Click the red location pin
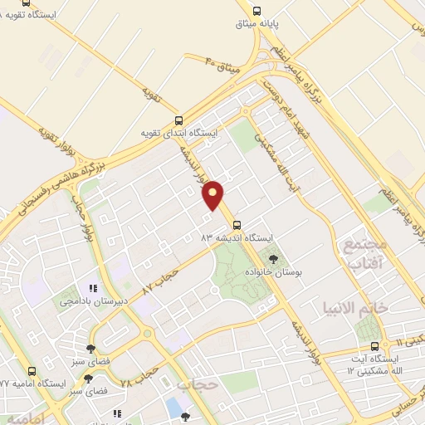click(x=214, y=194)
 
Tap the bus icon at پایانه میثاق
click(x=256, y=12)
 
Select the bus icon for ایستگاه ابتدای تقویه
click(x=178, y=120)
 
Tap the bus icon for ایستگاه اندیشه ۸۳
click(x=237, y=225)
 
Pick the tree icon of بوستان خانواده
click(x=273, y=259)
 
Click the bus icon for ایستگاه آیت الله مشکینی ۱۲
click(x=374, y=346)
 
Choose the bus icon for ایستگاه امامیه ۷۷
click(x=32, y=371)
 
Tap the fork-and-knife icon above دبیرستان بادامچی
click(x=104, y=288)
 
